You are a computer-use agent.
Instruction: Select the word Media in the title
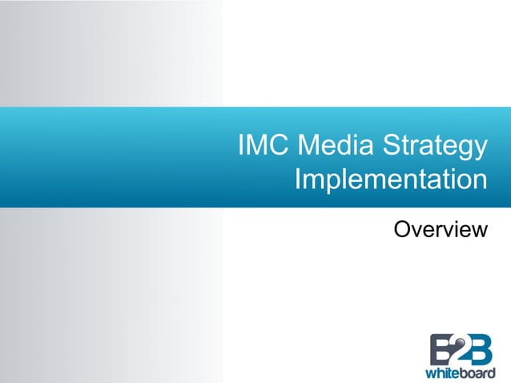328,148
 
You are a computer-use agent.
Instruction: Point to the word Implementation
390,179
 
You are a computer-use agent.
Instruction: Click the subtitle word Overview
441,230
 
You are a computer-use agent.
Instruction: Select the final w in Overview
479,232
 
